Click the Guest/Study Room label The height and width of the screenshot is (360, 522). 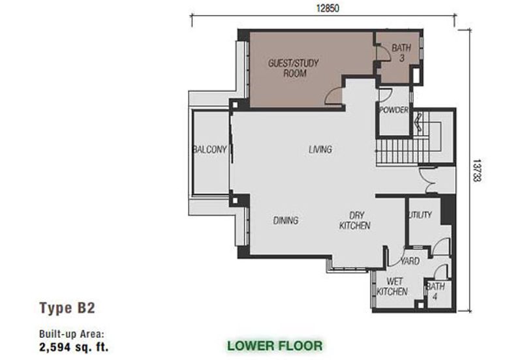293,68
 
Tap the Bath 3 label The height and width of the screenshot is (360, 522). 401,53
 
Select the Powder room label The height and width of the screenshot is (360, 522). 394,110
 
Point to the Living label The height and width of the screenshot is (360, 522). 320,149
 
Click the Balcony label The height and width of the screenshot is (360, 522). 209,149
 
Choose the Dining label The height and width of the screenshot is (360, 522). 286,220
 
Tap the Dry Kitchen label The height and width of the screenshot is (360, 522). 355,220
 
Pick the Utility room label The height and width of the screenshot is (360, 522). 420,215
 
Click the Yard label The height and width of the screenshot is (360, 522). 410,261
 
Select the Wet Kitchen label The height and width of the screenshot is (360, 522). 392,286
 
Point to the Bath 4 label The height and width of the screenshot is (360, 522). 435,291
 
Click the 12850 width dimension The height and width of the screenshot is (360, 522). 328,8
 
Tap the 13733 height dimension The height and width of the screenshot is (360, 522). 477,170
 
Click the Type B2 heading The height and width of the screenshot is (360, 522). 67,308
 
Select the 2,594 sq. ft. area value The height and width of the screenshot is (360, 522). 74,347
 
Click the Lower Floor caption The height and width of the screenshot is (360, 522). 275,346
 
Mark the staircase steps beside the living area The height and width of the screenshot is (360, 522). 403,151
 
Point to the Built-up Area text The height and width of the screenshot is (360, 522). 72,334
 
